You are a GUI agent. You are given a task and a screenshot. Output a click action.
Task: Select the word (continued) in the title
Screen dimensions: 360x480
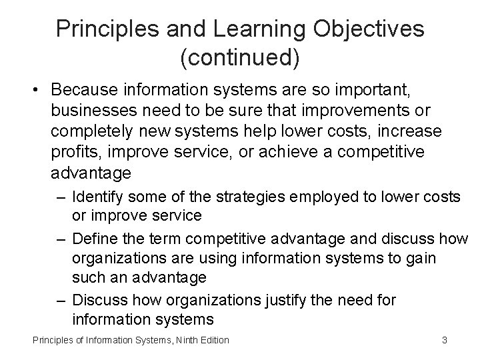point(240,58)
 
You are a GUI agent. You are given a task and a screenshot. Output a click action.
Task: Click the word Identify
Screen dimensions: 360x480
point(98,197)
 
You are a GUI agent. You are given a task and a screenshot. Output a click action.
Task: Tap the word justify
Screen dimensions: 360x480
point(309,301)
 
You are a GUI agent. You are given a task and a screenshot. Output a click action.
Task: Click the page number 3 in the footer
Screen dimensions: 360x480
point(444,340)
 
